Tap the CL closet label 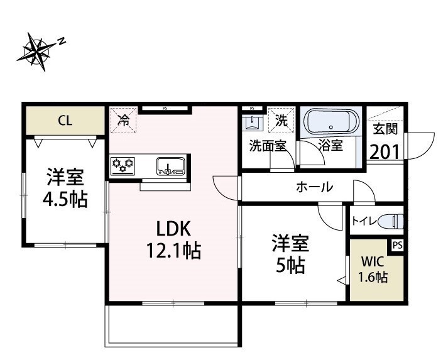pos(65,121)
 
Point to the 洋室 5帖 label pos(288,254)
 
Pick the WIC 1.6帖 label pos(373,271)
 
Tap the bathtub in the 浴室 pos(330,121)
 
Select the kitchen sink pos(170,166)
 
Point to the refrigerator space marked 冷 pos(125,120)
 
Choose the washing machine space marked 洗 pos(281,121)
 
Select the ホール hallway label pos(314,187)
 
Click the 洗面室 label pos(268,146)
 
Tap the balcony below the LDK pos(171,325)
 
